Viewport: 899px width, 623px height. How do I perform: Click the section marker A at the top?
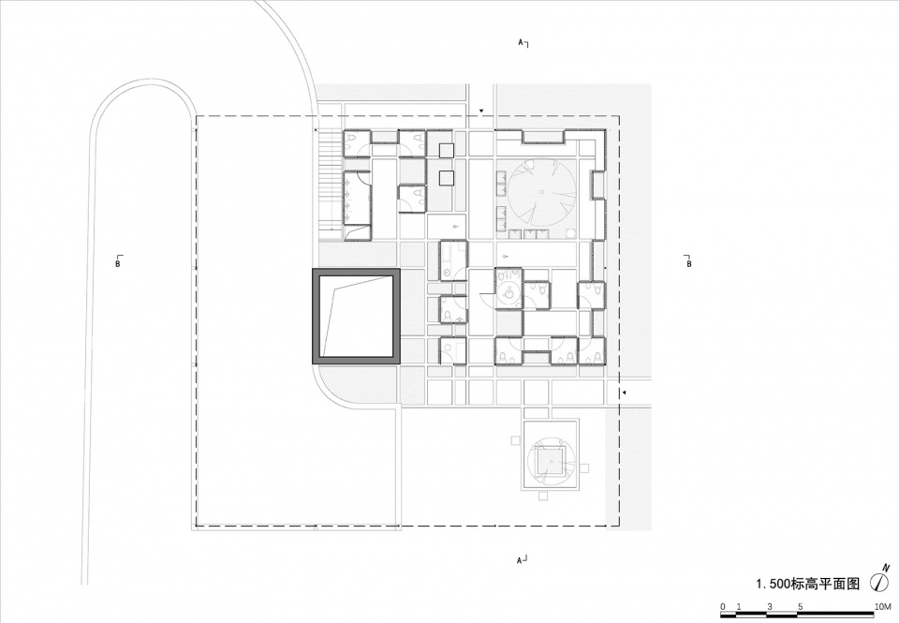click(x=523, y=43)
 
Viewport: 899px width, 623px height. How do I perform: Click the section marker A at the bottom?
click(x=523, y=558)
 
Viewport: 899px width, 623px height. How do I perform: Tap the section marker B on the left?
click(x=118, y=262)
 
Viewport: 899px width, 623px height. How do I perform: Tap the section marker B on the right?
click(x=688, y=262)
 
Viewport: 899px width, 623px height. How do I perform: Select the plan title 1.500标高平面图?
click(x=809, y=584)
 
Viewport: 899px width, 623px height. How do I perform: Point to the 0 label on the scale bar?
click(x=723, y=606)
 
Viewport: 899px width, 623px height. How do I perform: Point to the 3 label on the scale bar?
click(x=770, y=606)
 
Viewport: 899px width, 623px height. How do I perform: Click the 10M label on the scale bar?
click(x=883, y=606)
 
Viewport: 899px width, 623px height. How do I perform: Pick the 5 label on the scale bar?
click(x=801, y=606)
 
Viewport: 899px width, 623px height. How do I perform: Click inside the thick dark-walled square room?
click(x=356, y=316)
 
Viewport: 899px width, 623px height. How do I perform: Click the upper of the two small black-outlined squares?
click(x=447, y=150)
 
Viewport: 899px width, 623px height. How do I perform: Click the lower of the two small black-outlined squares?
click(x=447, y=177)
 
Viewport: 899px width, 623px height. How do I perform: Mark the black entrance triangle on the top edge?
click(x=482, y=111)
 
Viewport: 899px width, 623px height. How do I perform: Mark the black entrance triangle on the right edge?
click(x=625, y=393)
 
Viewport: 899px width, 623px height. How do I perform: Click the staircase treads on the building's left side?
click(x=330, y=180)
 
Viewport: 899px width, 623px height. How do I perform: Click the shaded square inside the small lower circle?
click(x=551, y=461)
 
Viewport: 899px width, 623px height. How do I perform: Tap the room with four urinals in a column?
click(x=358, y=198)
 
